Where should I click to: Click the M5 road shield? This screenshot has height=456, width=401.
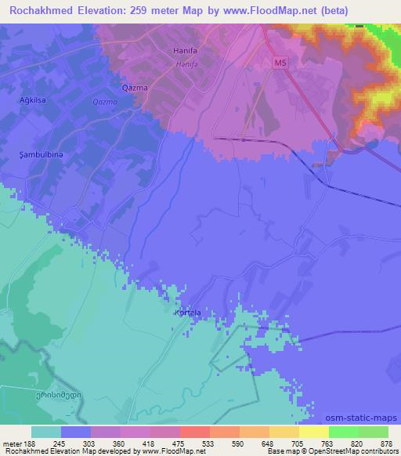(280, 61)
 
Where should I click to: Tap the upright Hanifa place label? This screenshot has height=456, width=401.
(183, 51)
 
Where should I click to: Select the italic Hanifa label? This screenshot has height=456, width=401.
(186, 65)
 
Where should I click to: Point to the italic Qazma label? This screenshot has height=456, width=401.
(103, 103)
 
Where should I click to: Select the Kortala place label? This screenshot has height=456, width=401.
(188, 313)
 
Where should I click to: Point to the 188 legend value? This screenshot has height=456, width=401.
(29, 443)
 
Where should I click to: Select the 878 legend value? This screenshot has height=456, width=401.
(386, 443)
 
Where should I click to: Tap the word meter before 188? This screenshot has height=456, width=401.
(11, 443)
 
